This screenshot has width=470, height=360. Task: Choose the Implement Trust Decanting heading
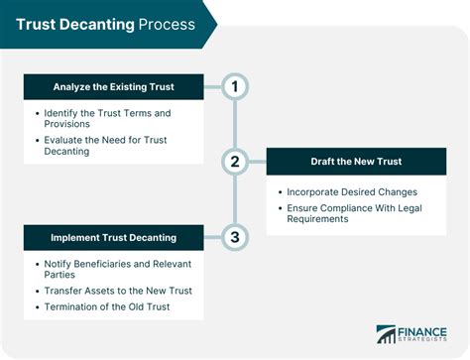click(114, 238)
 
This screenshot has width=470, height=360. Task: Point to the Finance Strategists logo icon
click(387, 335)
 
